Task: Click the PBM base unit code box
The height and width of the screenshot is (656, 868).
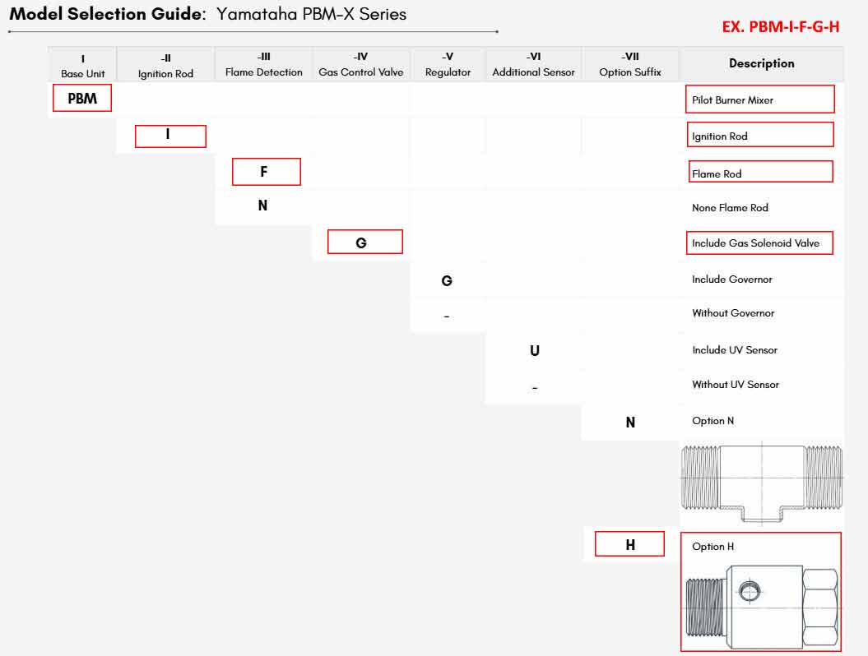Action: [82, 98]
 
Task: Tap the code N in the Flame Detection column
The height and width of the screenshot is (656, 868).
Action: [263, 206]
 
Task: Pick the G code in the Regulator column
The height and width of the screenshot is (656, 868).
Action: [447, 281]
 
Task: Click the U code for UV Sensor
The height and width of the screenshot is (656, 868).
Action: [535, 351]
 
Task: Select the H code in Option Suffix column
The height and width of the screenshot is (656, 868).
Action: [629, 543]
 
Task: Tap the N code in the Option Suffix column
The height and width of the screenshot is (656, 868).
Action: [630, 423]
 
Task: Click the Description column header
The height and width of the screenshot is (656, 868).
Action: [762, 63]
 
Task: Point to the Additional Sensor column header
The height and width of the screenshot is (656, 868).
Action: [534, 65]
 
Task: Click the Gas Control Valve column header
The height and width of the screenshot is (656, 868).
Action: [361, 65]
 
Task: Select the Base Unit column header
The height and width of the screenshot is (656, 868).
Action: [83, 67]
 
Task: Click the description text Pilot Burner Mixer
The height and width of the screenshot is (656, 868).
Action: [732, 100]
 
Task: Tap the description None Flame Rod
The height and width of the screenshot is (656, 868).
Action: [730, 208]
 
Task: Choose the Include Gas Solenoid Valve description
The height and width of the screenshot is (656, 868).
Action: [755, 243]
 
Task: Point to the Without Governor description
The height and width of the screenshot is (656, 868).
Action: [733, 313]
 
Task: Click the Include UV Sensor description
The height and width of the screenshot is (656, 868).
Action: [735, 350]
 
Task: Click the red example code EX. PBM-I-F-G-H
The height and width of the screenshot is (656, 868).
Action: [781, 26]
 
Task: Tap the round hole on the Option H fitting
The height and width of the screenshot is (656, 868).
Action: [750, 591]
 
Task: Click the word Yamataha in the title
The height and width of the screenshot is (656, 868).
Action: [257, 14]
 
